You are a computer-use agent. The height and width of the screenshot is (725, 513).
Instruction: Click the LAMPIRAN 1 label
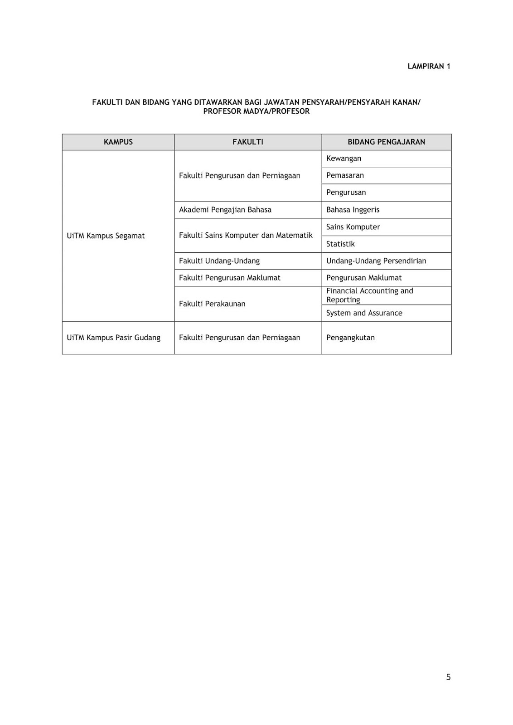429,66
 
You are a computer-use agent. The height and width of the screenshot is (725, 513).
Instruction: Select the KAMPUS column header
118,142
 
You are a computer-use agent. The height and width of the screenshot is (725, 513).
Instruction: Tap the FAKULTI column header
248,142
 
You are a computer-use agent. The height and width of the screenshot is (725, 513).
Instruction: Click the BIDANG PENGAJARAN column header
386,142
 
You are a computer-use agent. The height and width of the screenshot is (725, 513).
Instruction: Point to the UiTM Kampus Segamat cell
106,236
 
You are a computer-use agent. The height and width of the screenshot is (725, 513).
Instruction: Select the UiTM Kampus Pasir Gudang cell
114,338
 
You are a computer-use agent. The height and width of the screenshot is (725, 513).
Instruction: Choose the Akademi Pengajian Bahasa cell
225,210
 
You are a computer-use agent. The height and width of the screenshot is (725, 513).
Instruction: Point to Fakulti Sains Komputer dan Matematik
246,236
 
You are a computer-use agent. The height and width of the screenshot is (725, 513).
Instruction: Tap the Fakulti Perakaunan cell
212,304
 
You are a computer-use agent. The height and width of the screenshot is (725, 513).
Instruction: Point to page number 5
448,677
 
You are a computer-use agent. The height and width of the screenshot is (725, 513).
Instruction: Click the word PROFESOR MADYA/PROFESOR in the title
256,111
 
